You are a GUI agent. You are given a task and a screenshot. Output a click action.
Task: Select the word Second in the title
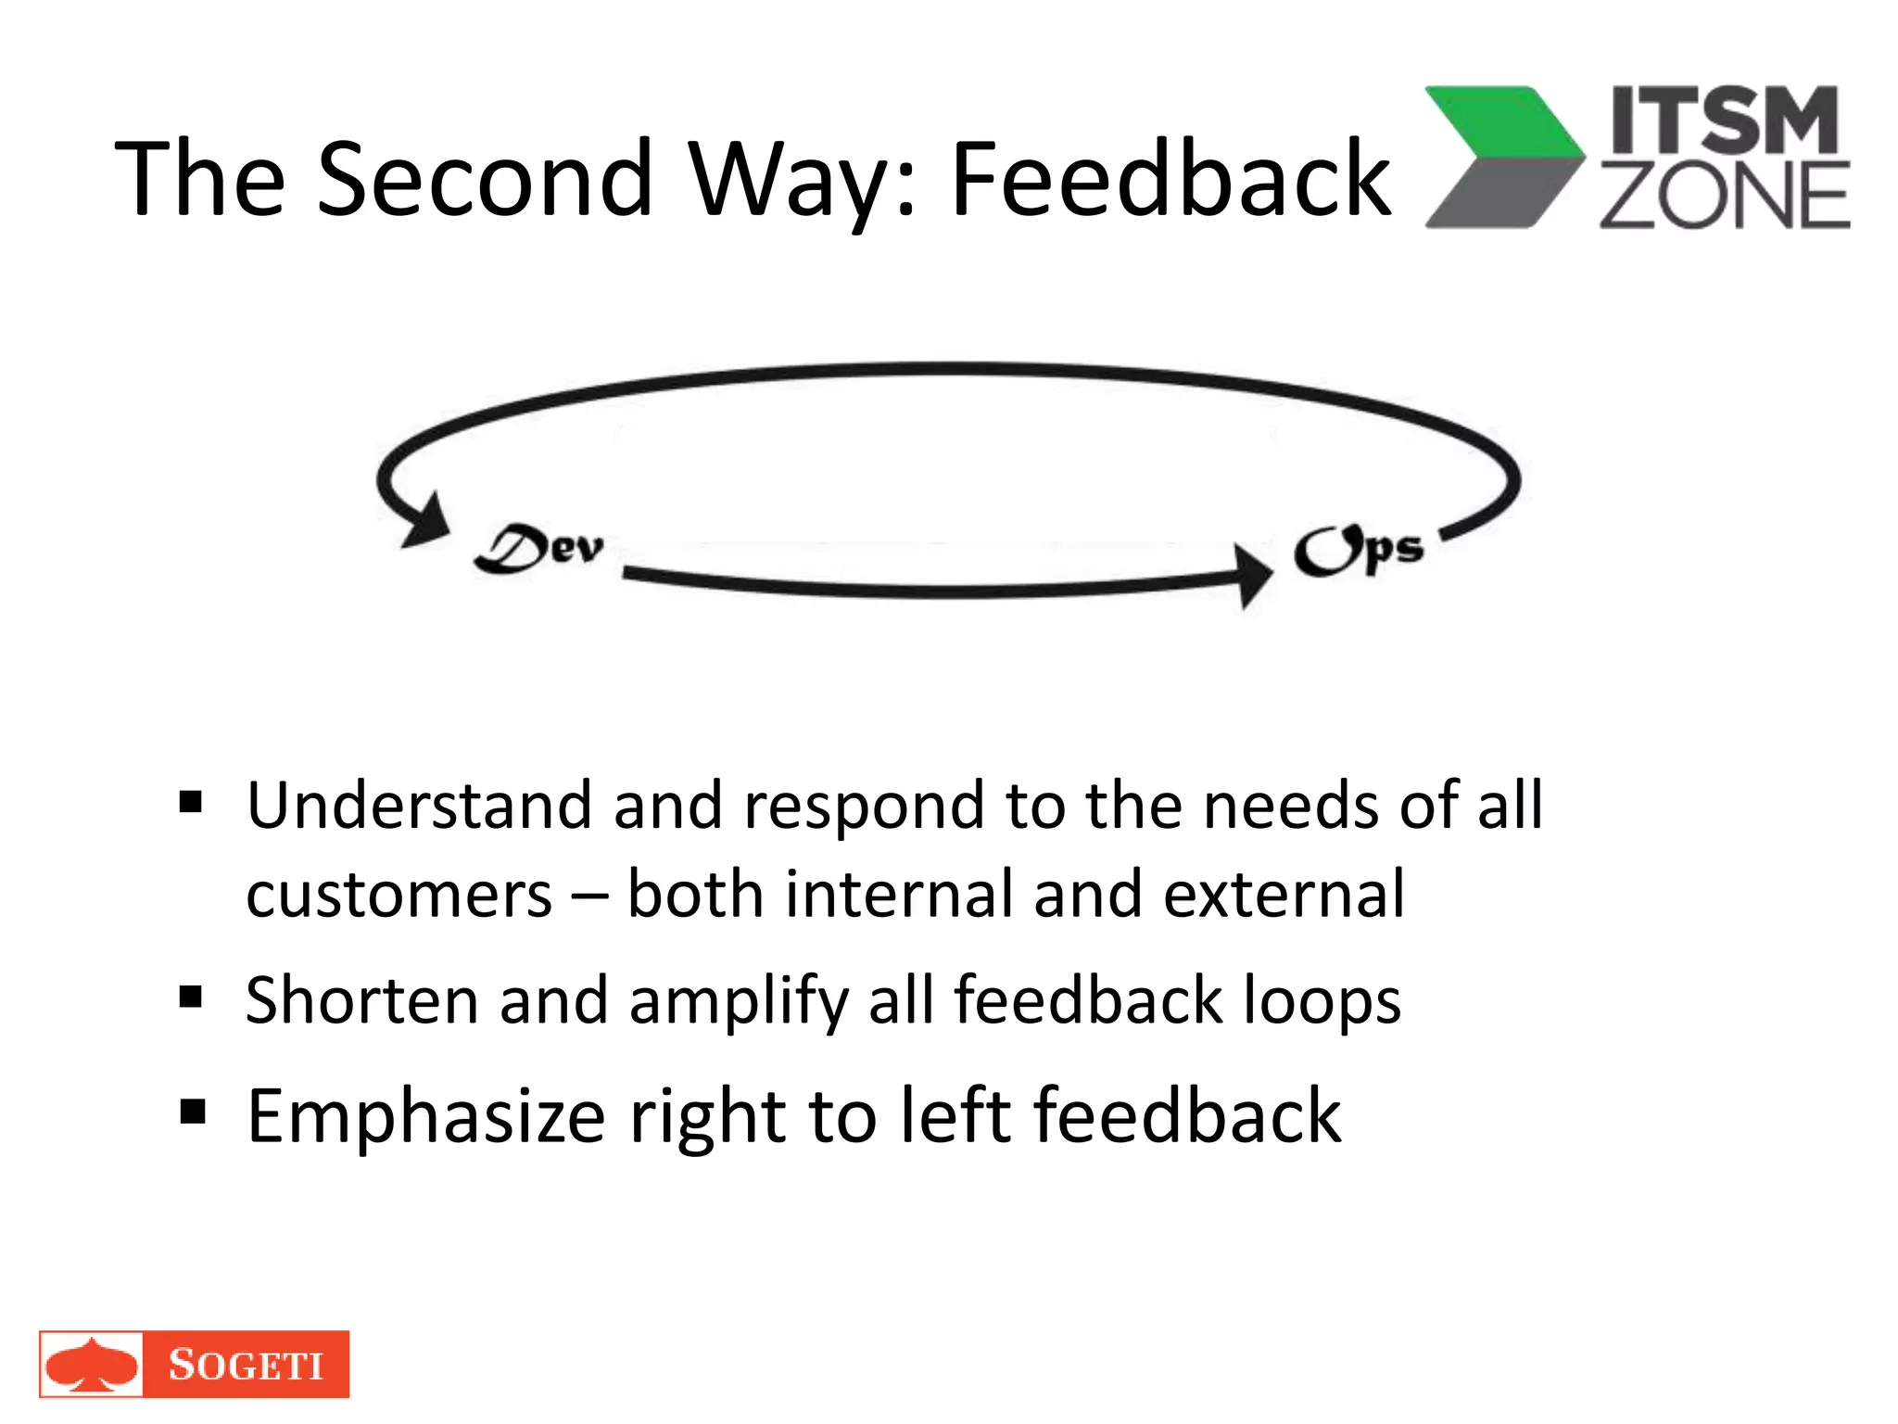pos(485,178)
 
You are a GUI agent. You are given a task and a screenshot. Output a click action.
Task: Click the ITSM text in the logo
pos(1725,120)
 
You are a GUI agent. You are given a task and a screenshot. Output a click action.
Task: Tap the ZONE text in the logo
pos(1725,196)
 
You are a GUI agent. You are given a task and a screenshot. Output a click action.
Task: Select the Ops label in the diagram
pos(1358,551)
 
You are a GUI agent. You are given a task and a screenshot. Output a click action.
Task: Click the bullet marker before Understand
pos(191,801)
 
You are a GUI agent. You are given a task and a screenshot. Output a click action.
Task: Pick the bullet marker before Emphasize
pos(192,1111)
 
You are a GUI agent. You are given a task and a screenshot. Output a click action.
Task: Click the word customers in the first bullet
pos(399,896)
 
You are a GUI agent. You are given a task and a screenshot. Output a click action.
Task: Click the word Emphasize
pos(425,1116)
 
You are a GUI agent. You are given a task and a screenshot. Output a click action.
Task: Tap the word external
pos(1284,895)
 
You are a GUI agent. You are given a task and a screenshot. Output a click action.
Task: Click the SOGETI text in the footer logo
pos(246,1365)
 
